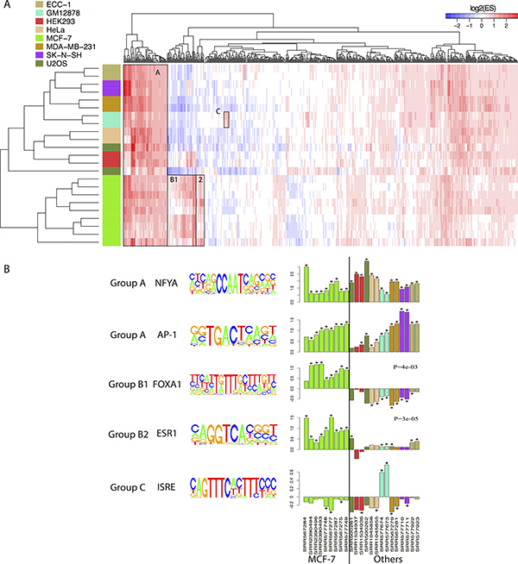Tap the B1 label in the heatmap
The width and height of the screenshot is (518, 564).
174,180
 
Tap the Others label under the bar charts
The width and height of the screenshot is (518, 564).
385,555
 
